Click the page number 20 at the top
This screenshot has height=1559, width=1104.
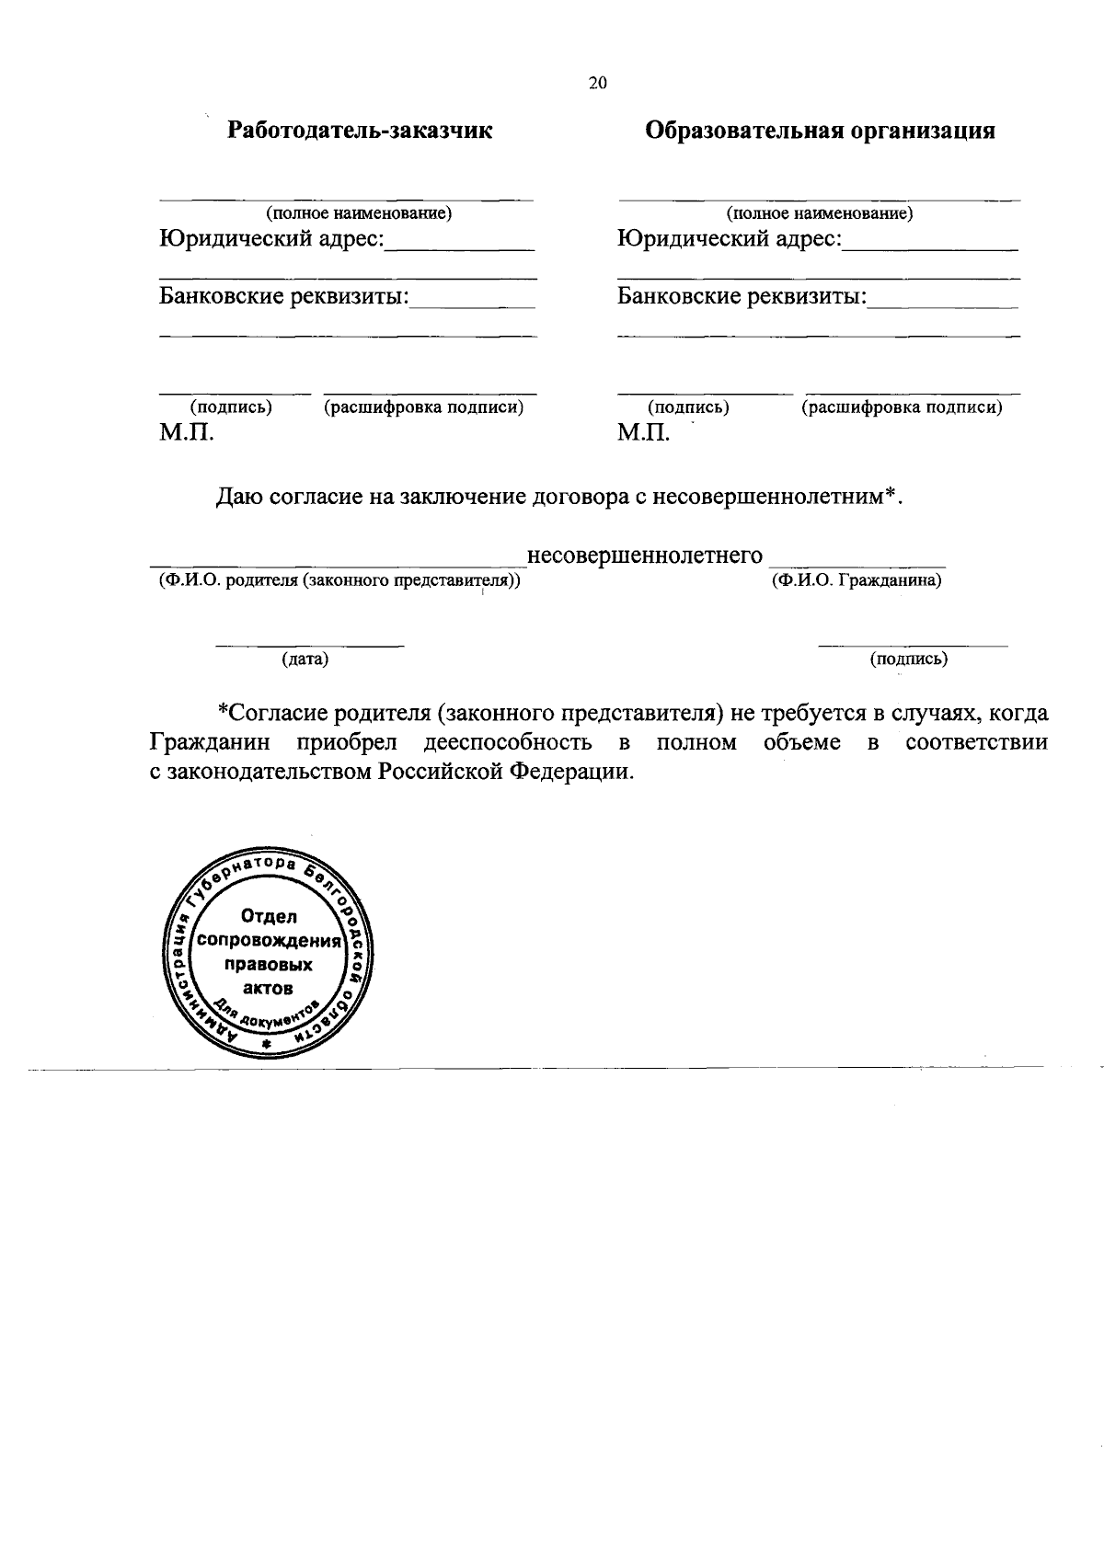click(597, 84)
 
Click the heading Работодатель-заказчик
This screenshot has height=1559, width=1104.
click(360, 131)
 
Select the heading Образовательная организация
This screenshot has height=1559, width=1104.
click(820, 131)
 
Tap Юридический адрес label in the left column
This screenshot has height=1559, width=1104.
click(270, 240)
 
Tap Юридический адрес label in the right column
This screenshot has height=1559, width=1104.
click(729, 240)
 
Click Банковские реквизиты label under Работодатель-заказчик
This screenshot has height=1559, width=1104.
click(283, 297)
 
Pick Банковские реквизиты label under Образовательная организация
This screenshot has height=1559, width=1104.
click(742, 297)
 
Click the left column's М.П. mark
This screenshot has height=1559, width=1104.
click(186, 432)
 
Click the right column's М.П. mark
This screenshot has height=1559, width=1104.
click(644, 432)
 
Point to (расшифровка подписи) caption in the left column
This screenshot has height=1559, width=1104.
click(423, 407)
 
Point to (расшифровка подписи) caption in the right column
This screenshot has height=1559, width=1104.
click(902, 407)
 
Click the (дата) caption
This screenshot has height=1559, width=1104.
click(305, 659)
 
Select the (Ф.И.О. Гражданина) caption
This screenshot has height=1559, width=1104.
click(856, 581)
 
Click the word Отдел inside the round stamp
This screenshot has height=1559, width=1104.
click(269, 917)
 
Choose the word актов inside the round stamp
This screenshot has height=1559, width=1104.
click(269, 989)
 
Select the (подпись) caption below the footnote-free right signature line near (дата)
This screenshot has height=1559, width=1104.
click(908, 659)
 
